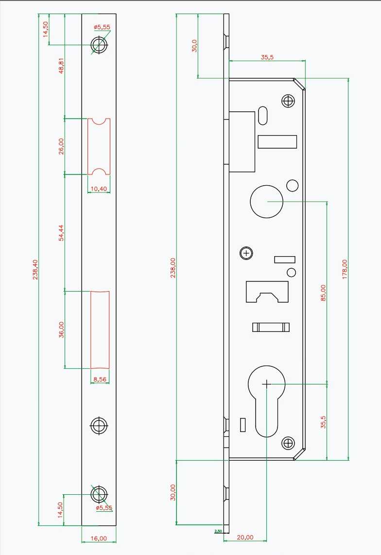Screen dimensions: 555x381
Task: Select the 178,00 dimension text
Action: pyautogui.click(x=345, y=269)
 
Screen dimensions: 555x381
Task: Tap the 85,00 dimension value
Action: pyautogui.click(x=323, y=293)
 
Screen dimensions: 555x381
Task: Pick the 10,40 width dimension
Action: pyautogui.click(x=99, y=189)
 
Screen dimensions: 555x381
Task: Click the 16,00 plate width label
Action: pyautogui.click(x=99, y=538)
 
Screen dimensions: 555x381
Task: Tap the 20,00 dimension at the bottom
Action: pyautogui.click(x=245, y=537)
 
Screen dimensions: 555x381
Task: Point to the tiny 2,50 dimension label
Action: pyautogui.click(x=218, y=531)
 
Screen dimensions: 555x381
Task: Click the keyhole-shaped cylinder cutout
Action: pyautogui.click(x=266, y=399)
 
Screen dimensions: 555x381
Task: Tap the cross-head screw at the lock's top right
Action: pyautogui.click(x=288, y=101)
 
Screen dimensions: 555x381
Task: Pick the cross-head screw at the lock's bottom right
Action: pyautogui.click(x=288, y=442)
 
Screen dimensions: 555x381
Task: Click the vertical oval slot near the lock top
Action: pyautogui.click(x=263, y=115)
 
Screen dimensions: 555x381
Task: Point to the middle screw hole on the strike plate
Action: pyautogui.click(x=99, y=426)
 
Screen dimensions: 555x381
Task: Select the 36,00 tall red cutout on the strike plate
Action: pyautogui.click(x=100, y=330)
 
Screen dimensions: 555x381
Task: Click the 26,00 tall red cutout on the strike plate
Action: pyautogui.click(x=99, y=146)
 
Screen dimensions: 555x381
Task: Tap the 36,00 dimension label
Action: pyautogui.click(x=61, y=330)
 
